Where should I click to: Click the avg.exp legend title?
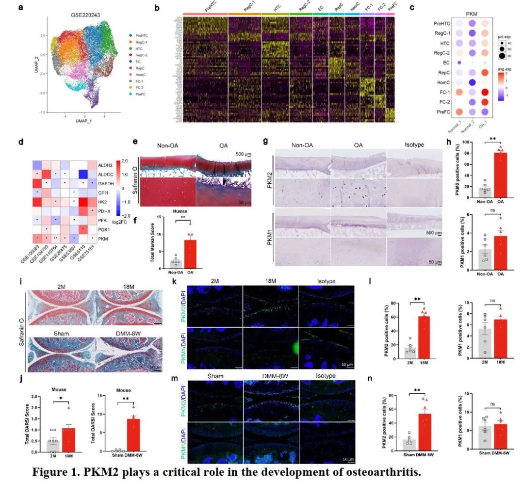point(506,69)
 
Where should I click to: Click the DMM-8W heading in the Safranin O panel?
point(122,333)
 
